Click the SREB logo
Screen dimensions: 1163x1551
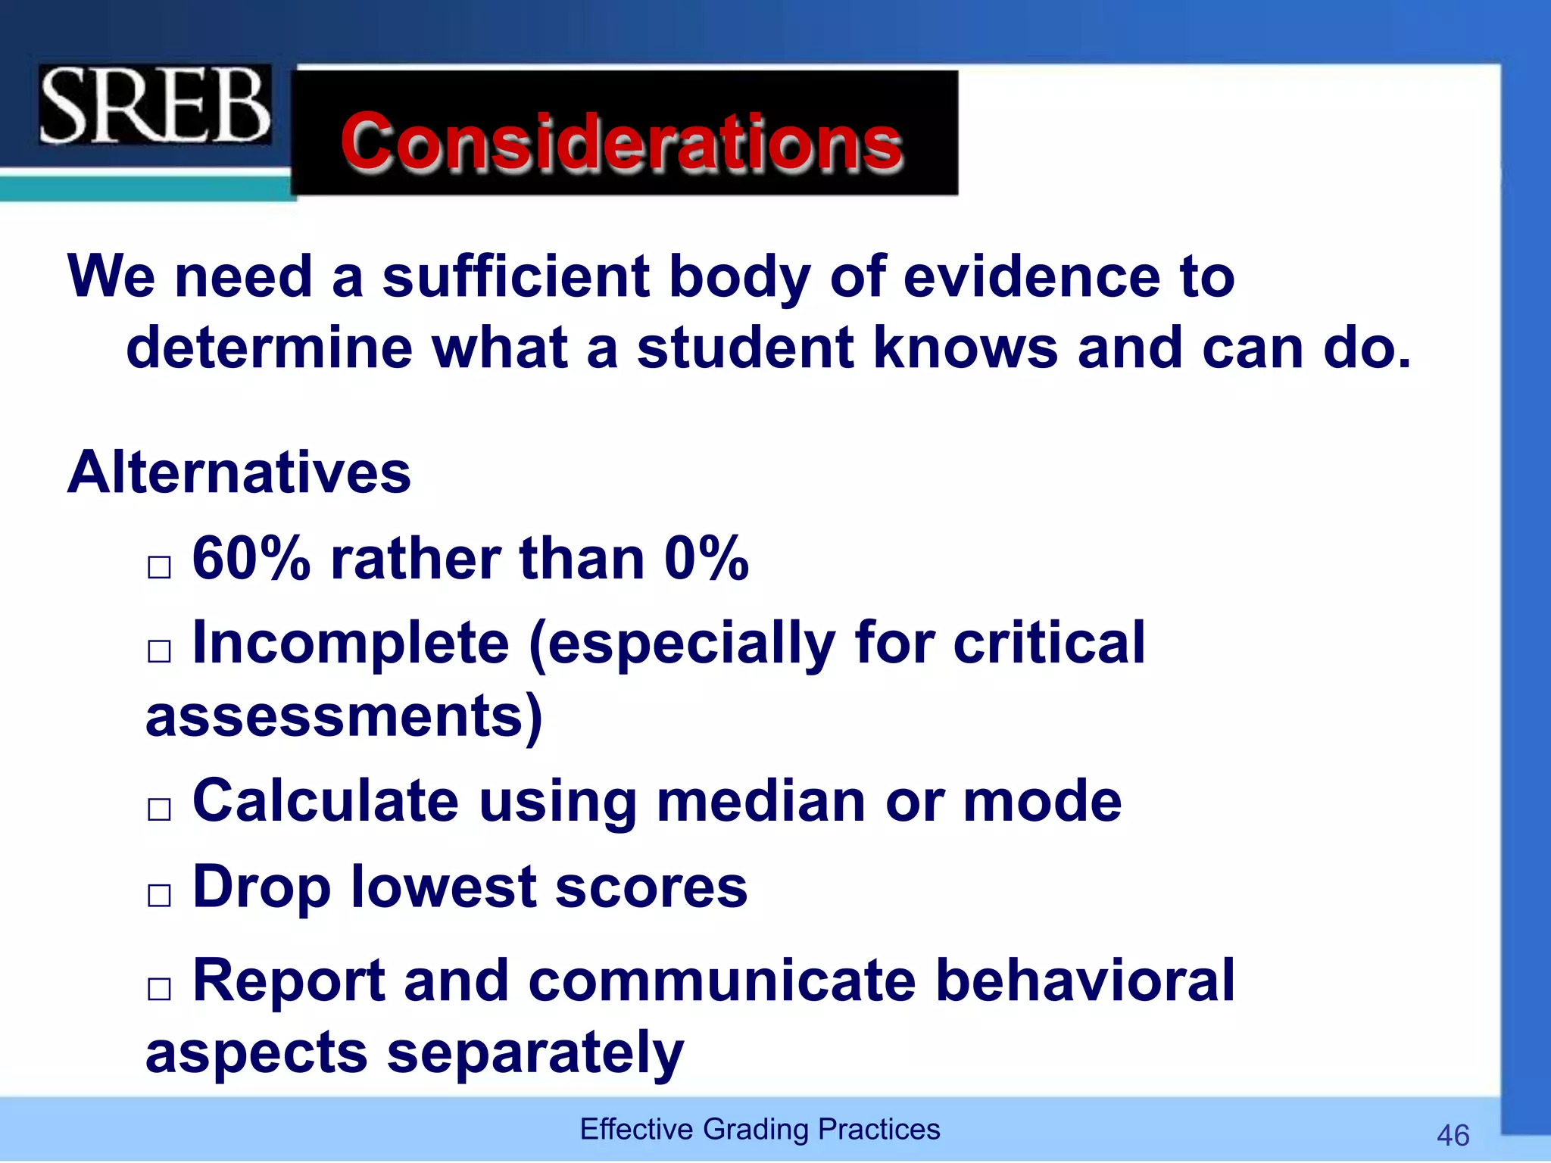click(x=154, y=104)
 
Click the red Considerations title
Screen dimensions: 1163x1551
click(x=622, y=141)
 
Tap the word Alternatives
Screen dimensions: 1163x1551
click(x=239, y=472)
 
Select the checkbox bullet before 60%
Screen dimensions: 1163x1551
click(x=159, y=566)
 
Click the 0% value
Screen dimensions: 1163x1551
click(x=706, y=559)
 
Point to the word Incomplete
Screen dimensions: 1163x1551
click(x=351, y=643)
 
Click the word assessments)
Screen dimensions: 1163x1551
click(x=344, y=716)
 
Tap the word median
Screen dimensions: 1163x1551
click(x=760, y=801)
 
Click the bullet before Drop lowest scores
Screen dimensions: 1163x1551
click(x=159, y=896)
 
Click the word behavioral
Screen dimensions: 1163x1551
click(x=1084, y=981)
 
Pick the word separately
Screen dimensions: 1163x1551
click(x=535, y=1053)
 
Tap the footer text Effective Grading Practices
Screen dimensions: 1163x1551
click(x=760, y=1129)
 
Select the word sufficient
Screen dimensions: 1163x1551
click(x=515, y=276)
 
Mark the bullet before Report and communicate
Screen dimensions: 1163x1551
click(x=159, y=989)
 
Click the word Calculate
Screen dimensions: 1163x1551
click(x=326, y=801)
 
